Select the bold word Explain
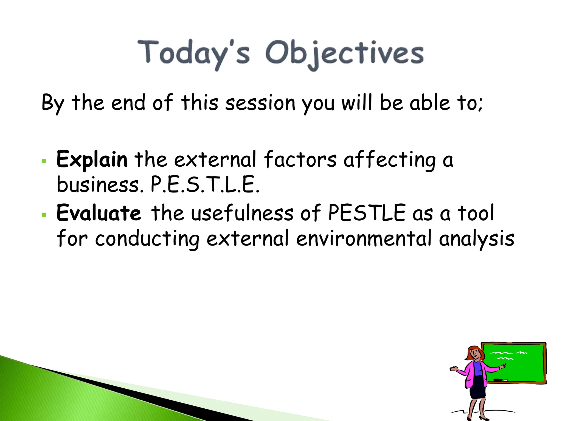pyautogui.click(x=92, y=160)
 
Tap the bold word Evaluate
pyautogui.click(x=99, y=213)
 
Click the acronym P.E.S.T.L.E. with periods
pyautogui.click(x=205, y=185)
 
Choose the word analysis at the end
pyautogui.click(x=476, y=238)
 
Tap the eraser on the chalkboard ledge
pyautogui.click(x=498, y=380)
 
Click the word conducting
pyautogui.click(x=147, y=238)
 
